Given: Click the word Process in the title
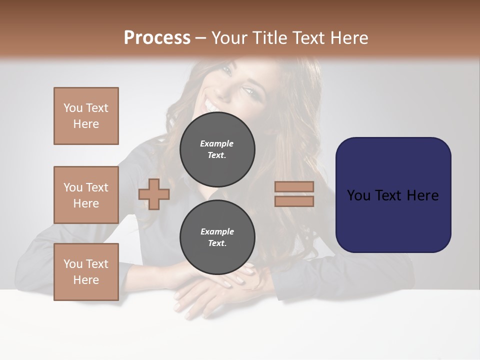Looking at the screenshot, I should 157,38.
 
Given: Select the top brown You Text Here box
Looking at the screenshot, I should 86,116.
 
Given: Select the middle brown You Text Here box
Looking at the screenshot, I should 86,195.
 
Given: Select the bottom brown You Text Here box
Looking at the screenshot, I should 86,272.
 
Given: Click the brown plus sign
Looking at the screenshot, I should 154,194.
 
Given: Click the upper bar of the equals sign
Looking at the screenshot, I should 294,186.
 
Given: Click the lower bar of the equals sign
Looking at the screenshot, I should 294,201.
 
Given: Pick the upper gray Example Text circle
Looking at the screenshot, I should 217,149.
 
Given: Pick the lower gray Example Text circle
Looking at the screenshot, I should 217,237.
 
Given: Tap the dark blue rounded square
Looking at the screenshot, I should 393,195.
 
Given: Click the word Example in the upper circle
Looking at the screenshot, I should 217,143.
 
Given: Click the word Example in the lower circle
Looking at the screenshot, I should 217,231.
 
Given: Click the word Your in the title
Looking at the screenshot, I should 228,38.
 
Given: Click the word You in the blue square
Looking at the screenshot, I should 358,195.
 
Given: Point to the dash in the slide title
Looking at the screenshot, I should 201,38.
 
